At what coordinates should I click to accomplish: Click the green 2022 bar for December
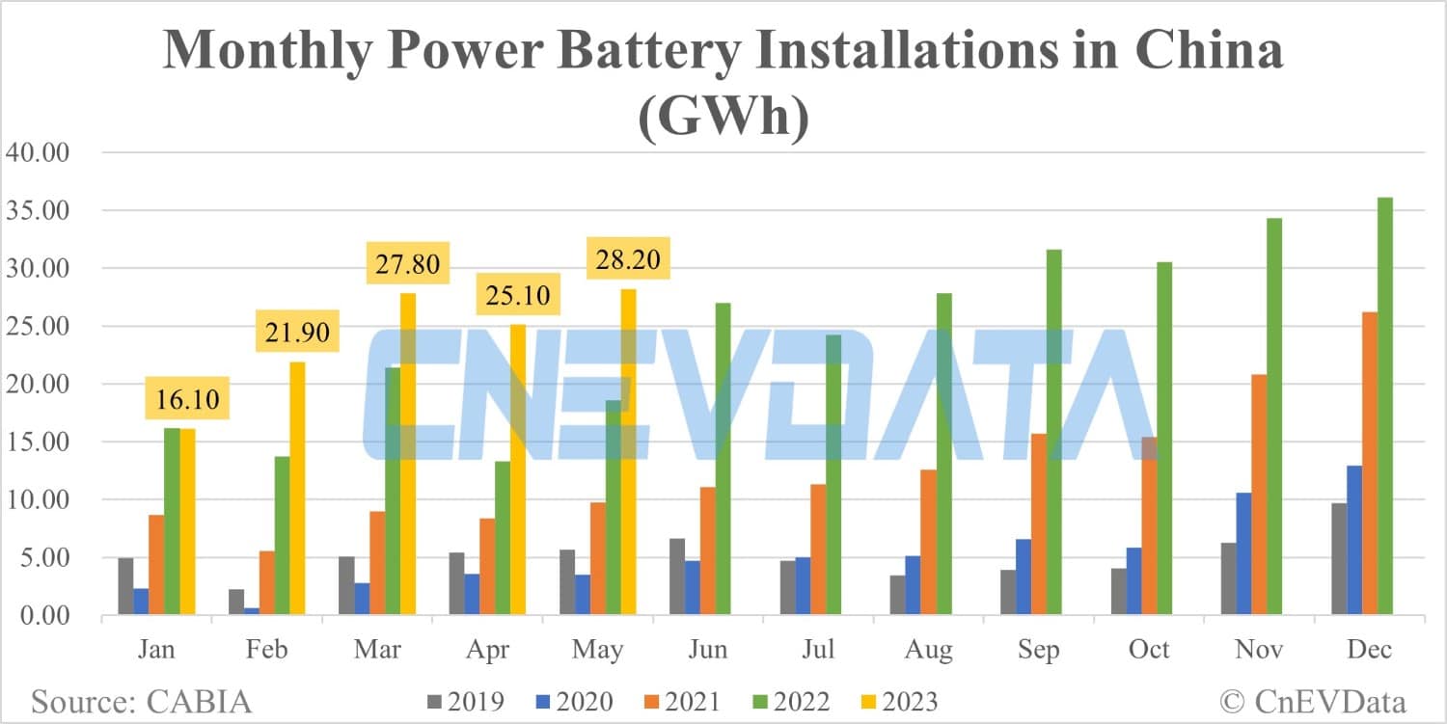[1385, 406]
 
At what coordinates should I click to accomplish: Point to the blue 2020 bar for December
[1354, 540]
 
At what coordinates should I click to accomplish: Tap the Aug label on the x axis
[929, 650]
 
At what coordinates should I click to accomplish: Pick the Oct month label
[1150, 650]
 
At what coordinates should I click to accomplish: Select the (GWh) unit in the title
[723, 120]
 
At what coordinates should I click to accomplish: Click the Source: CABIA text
[141, 701]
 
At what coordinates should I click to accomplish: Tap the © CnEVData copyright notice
[1313, 701]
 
